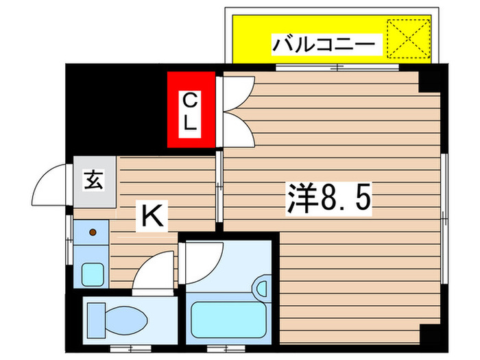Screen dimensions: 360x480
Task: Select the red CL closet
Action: tap(191, 110)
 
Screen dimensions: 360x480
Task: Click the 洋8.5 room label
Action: tap(328, 199)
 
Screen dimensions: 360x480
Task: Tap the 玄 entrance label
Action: tap(94, 182)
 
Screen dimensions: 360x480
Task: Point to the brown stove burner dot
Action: tap(92, 233)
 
